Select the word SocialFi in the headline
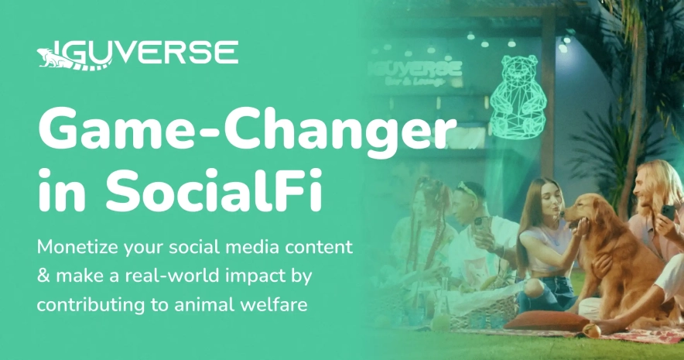click(x=214, y=190)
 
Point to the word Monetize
click(x=77, y=247)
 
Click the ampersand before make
click(x=43, y=276)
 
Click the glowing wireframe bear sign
click(x=518, y=97)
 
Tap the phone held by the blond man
click(x=668, y=213)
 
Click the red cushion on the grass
click(x=546, y=321)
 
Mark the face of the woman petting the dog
click(x=549, y=201)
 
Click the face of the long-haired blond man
click(x=645, y=187)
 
